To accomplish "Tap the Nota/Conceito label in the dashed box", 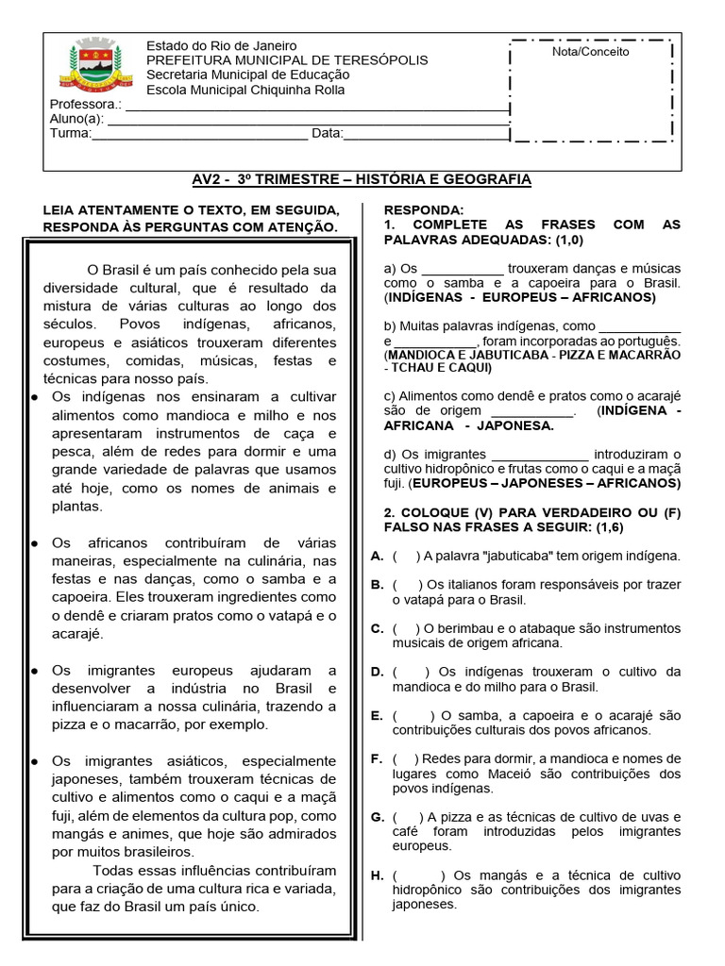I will point(590,52).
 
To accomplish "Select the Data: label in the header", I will point(328,134).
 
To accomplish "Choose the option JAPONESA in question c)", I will point(517,425).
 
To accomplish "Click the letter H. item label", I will point(377,875).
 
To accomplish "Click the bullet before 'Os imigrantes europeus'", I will point(34,671).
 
